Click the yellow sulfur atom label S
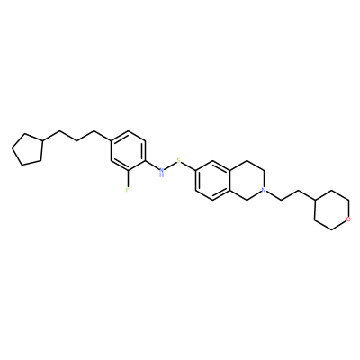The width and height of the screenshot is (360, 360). [x=179, y=160]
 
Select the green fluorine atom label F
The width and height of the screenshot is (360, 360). [x=128, y=190]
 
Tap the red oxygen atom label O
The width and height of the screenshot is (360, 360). [x=348, y=220]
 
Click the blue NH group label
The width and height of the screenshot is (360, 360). [x=162, y=172]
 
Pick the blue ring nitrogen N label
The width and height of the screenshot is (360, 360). [x=264, y=190]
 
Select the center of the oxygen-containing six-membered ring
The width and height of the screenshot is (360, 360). [x=331, y=210]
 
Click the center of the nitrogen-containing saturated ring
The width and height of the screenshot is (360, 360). [x=247, y=180]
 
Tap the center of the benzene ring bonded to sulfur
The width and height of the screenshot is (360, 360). [x=212, y=180]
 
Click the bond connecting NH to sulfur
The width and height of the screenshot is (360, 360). [x=170, y=166]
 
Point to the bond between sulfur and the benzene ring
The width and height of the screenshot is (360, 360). [x=188, y=166]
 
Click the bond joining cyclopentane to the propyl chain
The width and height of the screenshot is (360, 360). [x=51, y=136]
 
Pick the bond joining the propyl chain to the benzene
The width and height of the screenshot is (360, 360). [x=103, y=136]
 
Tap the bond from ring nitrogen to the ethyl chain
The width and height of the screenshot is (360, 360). [x=274, y=195]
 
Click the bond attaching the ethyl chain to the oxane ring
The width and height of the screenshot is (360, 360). [x=306, y=195]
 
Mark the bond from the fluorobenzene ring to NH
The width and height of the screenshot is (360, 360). [x=152, y=166]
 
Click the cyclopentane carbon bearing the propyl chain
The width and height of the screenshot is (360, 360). [x=42, y=140]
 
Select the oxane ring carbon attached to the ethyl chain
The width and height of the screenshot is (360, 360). [x=314, y=200]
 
